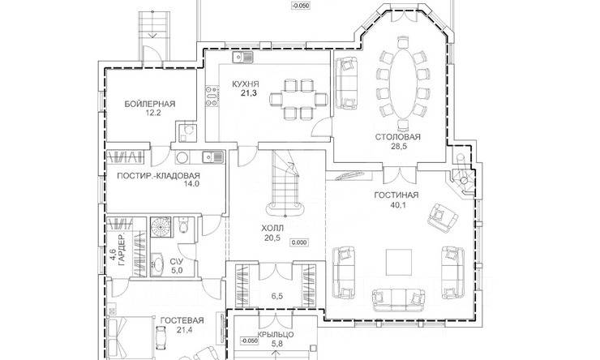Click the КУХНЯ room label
[246, 84]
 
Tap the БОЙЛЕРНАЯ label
[150, 104]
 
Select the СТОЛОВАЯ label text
[397, 137]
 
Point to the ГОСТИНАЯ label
[396, 195]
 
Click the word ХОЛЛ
[272, 229]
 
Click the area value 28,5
[397, 147]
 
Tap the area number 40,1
[396, 204]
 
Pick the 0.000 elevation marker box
[299, 242]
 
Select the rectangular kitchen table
[298, 99]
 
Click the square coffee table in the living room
[399, 262]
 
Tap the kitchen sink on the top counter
[242, 58]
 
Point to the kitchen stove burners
[212, 95]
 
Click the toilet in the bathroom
[183, 225]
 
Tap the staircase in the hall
[285, 182]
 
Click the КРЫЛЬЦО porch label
[276, 335]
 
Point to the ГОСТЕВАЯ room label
[182, 320]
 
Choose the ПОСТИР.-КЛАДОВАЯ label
[158, 176]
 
